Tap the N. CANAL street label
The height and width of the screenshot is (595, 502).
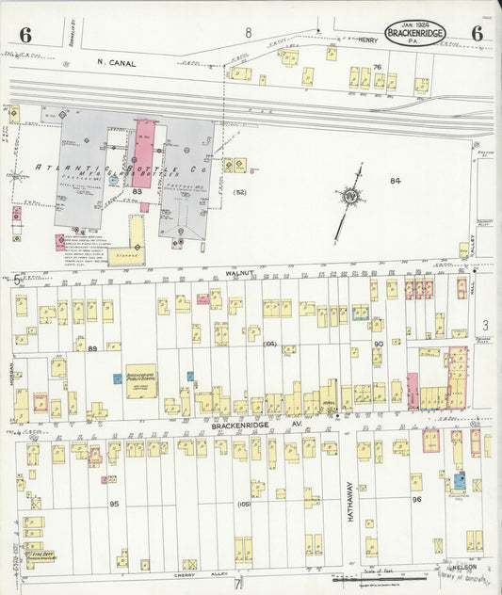pos(116,64)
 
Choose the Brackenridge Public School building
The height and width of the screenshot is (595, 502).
pos(141,381)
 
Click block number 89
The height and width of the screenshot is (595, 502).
pos(92,348)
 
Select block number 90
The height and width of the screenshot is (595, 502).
pos(377,345)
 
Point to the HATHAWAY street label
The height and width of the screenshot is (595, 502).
pos(348,502)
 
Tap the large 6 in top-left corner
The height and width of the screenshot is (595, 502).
pos(24,36)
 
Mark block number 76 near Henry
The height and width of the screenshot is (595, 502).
pos(377,67)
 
